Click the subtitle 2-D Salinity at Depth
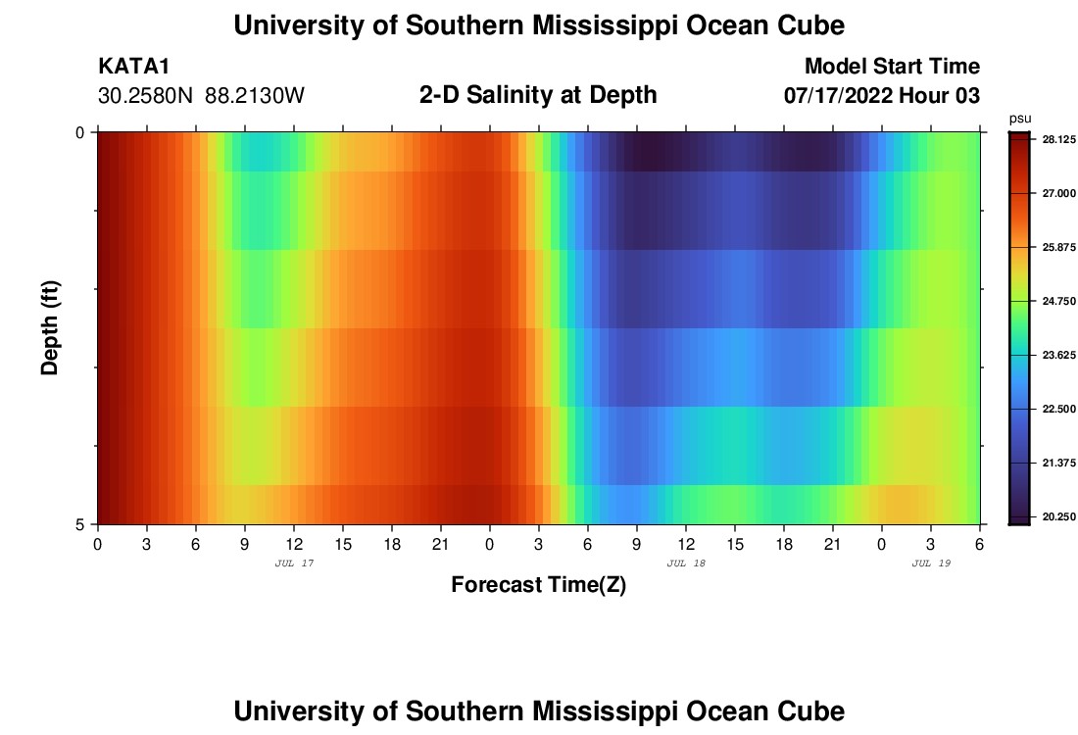538,95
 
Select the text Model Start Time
892,67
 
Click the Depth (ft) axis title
51,327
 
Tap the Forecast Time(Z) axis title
538,585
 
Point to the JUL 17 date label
294,563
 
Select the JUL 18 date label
686,563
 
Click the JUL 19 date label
931,563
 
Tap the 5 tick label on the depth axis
80,524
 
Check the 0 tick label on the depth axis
80,132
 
